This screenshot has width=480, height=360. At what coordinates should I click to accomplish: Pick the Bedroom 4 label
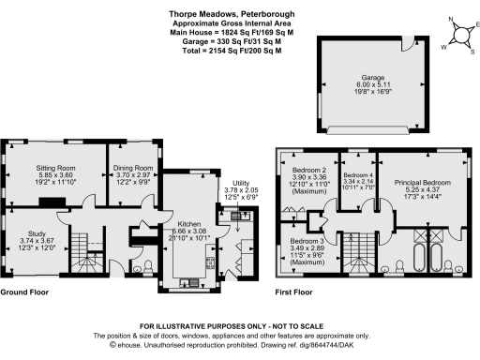pos(356,180)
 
